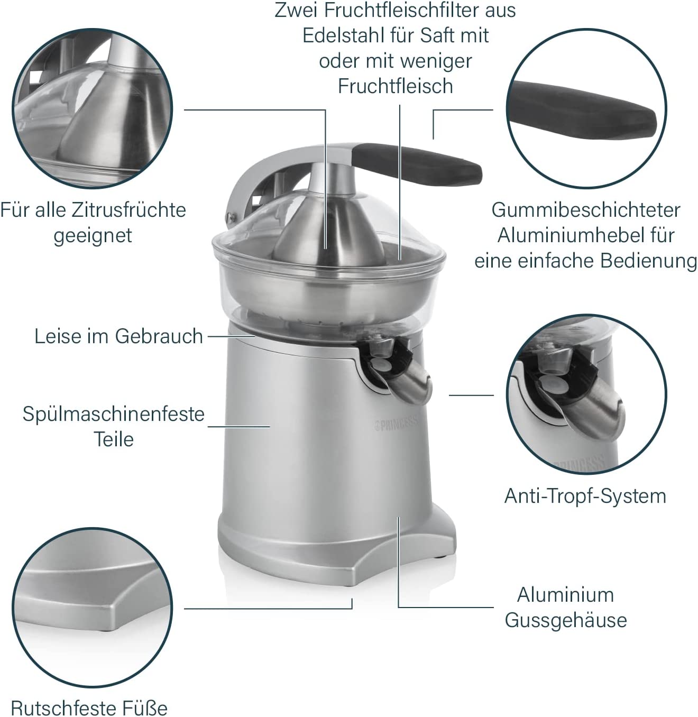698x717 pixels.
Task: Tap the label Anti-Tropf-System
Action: click(x=585, y=496)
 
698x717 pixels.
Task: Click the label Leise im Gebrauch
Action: click(x=118, y=336)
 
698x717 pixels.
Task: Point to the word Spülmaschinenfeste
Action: click(x=114, y=414)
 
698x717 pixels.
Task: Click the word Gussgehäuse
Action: click(x=566, y=620)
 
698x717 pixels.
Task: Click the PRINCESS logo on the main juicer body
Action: click(x=396, y=424)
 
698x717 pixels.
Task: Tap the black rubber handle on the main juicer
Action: click(x=417, y=164)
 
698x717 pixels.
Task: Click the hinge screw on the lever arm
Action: click(x=231, y=217)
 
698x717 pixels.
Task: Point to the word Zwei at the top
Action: click(x=297, y=11)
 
